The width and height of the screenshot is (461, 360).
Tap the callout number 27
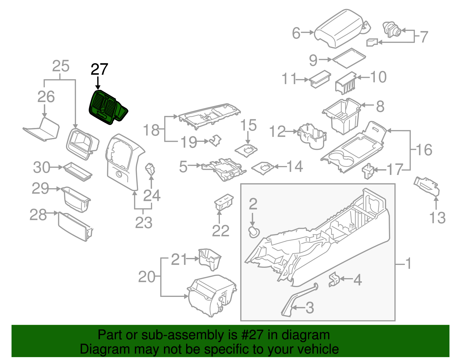(x=99, y=69)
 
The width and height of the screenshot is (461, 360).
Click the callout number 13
(x=437, y=218)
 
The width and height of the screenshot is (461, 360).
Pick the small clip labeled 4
(x=334, y=279)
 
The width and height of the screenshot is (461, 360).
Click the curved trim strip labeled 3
(x=297, y=300)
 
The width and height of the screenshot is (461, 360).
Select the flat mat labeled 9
(x=349, y=58)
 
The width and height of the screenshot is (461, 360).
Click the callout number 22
(x=220, y=231)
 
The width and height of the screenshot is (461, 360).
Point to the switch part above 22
(x=224, y=201)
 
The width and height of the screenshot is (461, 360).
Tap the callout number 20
(x=147, y=277)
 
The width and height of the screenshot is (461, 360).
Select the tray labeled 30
(x=77, y=171)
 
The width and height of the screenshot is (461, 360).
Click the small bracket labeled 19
(x=216, y=140)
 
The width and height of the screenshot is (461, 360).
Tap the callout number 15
(x=248, y=125)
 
